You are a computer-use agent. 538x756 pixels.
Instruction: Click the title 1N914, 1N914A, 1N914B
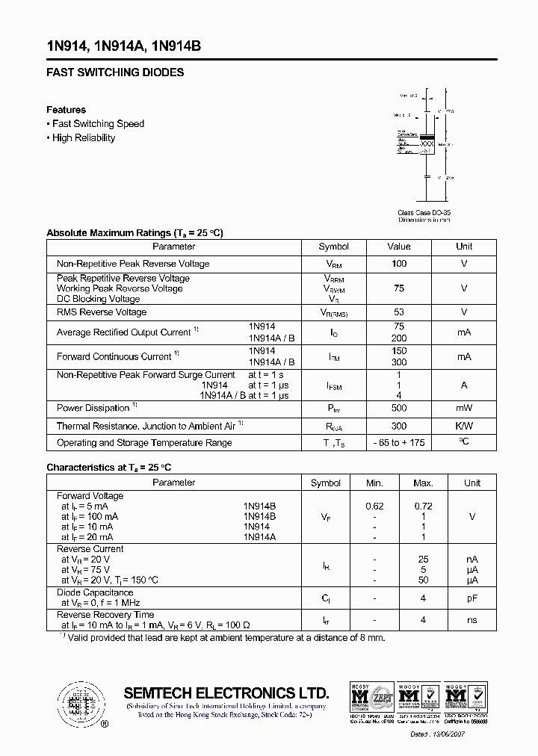click(123, 46)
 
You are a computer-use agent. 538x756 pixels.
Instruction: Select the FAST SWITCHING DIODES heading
click(115, 72)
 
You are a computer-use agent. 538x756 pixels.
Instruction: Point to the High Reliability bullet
click(84, 138)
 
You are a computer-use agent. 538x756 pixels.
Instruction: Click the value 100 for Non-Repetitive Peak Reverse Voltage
click(399, 264)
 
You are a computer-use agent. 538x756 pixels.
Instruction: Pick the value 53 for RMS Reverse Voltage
click(399, 312)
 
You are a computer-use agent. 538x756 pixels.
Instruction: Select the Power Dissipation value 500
click(399, 408)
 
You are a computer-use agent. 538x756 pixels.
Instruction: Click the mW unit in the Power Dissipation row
click(464, 408)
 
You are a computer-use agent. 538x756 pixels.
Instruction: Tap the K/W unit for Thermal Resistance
click(464, 426)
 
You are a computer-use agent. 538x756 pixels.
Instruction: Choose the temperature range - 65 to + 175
click(399, 443)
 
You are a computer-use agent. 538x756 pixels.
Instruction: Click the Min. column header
click(374, 483)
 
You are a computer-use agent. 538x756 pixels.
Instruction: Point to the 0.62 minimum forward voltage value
click(374, 506)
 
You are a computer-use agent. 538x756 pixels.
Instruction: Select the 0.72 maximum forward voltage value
click(423, 506)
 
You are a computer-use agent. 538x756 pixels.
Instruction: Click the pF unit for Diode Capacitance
click(471, 598)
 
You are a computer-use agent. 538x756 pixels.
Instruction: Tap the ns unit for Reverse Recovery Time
click(471, 620)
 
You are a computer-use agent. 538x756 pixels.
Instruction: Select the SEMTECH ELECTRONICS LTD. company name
click(226, 693)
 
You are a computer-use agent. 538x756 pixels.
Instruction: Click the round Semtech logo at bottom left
click(77, 704)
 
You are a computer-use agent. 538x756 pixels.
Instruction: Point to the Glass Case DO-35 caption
click(424, 213)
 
